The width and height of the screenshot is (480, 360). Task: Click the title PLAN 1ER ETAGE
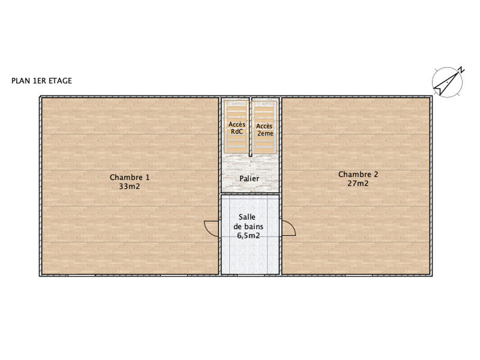click(x=41, y=81)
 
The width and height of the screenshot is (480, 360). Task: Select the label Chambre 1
click(x=130, y=177)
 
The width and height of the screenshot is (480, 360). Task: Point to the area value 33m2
click(x=130, y=186)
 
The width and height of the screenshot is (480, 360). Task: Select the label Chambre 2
click(x=358, y=175)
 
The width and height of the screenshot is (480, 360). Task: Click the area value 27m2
click(x=358, y=184)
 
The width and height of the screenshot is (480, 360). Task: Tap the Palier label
click(x=250, y=179)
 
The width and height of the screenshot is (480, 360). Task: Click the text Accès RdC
click(x=236, y=128)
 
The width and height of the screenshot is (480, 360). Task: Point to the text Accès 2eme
click(x=265, y=130)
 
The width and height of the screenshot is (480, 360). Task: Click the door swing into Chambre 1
click(x=212, y=228)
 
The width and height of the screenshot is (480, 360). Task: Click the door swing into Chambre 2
click(x=289, y=228)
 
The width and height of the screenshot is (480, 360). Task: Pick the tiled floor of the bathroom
click(x=250, y=258)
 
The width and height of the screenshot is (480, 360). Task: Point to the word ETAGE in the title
click(x=60, y=81)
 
